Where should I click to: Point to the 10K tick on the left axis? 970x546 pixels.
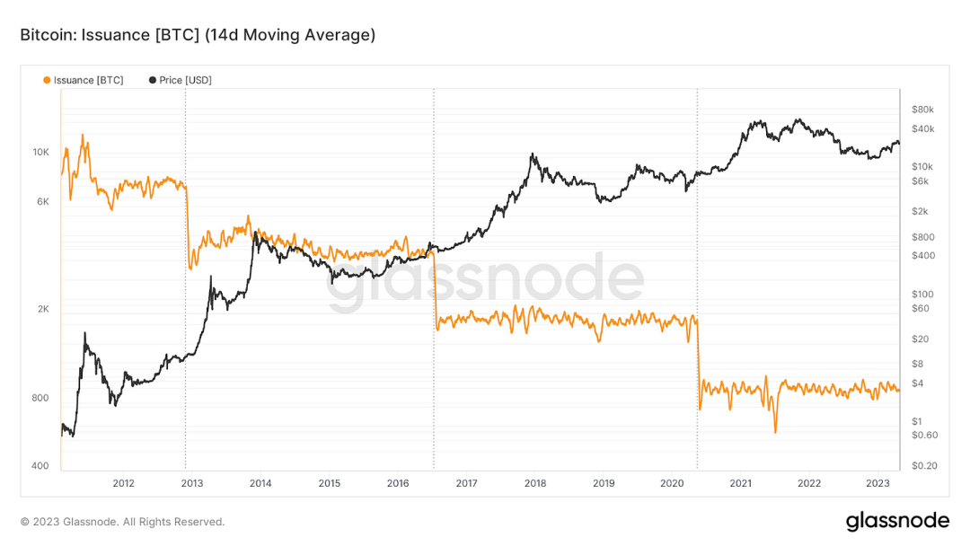41,153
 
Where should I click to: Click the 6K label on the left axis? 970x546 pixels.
43,202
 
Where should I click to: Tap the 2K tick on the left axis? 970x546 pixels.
43,309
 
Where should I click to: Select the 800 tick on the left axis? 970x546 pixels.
41,398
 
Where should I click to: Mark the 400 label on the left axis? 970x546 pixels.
41,466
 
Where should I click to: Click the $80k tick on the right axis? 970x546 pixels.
922,110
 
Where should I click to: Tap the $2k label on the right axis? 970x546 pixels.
919,212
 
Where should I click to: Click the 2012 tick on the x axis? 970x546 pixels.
123,483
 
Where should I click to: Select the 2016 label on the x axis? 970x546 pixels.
398,483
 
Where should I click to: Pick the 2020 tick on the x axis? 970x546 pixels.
672,483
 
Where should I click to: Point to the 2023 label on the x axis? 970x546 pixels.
877,483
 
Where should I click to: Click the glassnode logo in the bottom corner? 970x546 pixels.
897,521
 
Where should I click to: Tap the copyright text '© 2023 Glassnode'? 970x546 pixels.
122,522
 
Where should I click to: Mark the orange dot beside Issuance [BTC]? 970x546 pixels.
47,80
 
